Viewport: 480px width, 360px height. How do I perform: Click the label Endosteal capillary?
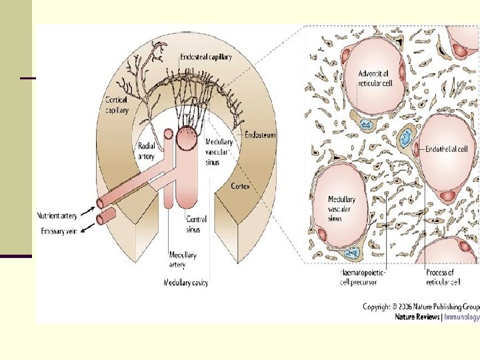pos(206,57)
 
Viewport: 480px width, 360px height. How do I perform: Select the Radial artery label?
pos(147,151)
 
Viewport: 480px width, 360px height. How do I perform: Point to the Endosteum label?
pos(260,135)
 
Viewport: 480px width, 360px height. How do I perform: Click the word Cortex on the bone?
pos(241,187)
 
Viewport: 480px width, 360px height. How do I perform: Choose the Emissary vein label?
pos(59,231)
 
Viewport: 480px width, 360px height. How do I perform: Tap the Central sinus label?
pos(197,223)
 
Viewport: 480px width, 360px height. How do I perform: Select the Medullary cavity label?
pos(186,283)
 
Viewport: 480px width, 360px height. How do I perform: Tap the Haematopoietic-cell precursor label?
pos(363,277)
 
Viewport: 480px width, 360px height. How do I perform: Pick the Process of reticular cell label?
pos(443,277)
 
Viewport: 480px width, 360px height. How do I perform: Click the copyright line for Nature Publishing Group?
pos(421,307)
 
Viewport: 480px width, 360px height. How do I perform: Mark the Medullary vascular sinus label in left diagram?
pos(219,152)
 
